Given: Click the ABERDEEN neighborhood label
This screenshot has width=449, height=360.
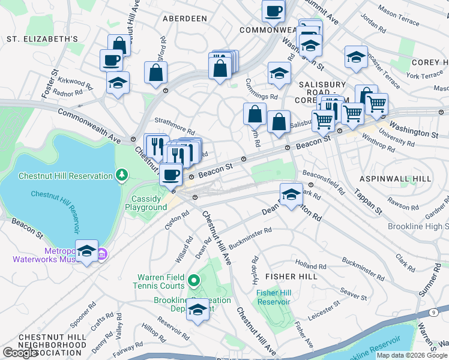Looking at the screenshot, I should pyautogui.click(x=185, y=19).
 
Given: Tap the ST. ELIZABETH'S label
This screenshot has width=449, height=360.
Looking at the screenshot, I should pyautogui.click(x=42, y=39).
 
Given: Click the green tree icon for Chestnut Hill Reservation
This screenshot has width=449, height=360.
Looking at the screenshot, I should pyautogui.click(x=122, y=175).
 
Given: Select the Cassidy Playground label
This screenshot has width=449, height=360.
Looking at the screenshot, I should pyautogui.click(x=146, y=203).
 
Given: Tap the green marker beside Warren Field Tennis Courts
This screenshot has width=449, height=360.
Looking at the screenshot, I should pyautogui.click(x=193, y=281).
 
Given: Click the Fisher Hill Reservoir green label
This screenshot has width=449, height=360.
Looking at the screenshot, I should pyautogui.click(x=274, y=297).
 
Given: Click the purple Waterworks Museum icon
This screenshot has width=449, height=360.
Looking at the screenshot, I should pyautogui.click(x=101, y=254).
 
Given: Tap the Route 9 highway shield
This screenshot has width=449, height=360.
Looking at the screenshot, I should pyautogui.click(x=433, y=312).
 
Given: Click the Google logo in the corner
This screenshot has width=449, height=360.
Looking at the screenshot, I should pyautogui.click(x=20, y=353).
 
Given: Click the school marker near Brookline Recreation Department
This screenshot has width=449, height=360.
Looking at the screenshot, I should pyautogui.click(x=197, y=310).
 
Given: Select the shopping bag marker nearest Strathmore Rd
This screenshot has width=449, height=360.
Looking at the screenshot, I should pyautogui.click(x=156, y=73).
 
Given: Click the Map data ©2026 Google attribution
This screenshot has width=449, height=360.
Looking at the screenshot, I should pyautogui.click(x=412, y=355).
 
